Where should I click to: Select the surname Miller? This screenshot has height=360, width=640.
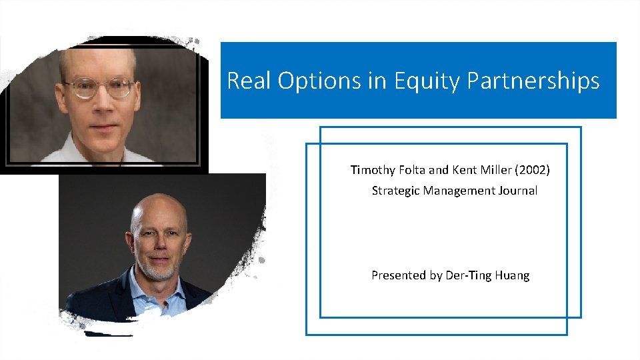(499, 170)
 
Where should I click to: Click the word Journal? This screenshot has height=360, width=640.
(519, 191)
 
